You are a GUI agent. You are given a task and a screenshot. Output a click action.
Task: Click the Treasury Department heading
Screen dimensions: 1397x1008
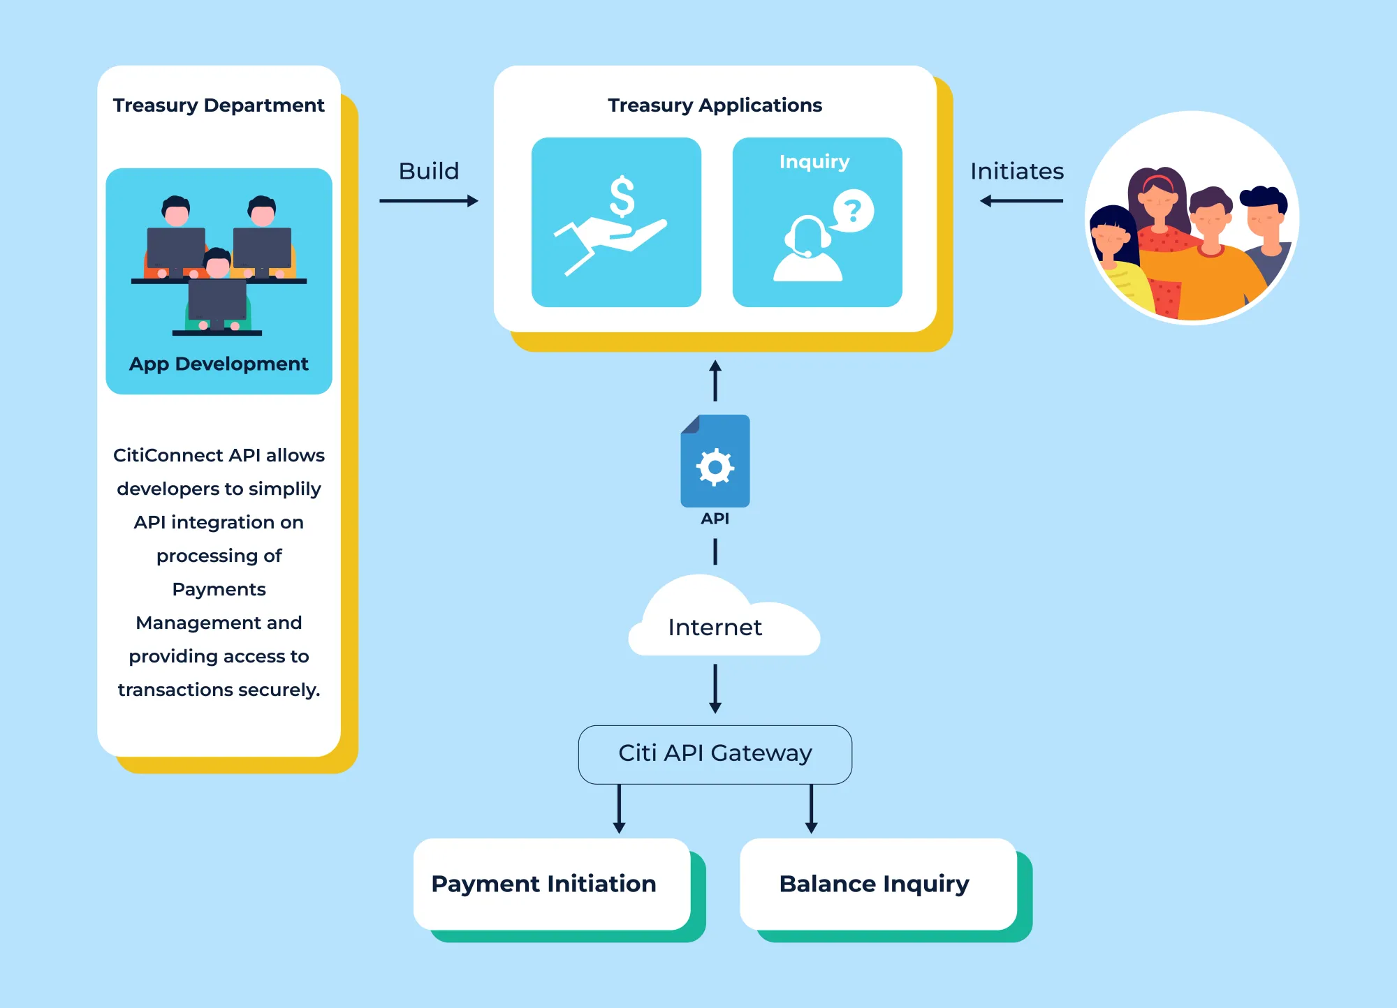pos(219,105)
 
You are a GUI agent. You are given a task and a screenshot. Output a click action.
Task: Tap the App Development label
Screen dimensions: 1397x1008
pos(219,364)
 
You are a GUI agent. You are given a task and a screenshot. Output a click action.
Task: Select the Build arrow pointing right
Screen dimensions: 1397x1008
pos(429,201)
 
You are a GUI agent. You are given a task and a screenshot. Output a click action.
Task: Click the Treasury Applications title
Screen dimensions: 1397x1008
pos(715,105)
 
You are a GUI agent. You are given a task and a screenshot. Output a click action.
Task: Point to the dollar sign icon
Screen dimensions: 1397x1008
pos(622,196)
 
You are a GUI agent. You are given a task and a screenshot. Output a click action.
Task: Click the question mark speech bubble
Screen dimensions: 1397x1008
pos(853,210)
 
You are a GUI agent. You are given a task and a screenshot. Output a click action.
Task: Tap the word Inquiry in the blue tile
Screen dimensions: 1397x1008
pos(814,162)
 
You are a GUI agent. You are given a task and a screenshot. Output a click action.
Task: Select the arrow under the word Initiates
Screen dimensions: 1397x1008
pos(1021,201)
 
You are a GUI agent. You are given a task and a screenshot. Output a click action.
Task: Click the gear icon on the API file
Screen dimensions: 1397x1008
pos(715,467)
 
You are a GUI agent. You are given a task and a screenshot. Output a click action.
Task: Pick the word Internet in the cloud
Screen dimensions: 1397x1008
pos(715,628)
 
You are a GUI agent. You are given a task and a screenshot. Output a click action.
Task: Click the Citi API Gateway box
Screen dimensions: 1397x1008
pos(715,755)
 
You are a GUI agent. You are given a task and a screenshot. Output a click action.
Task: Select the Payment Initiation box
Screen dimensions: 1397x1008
pos(552,884)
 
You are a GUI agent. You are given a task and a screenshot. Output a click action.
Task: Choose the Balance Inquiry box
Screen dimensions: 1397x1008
pos(878,884)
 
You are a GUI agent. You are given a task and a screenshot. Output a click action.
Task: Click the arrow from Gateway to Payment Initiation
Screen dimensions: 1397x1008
pos(619,809)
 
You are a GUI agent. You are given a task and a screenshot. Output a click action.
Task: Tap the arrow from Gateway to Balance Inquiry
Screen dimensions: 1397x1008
pos(811,809)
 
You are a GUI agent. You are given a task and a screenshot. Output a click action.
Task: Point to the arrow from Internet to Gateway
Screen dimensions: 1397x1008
pos(715,689)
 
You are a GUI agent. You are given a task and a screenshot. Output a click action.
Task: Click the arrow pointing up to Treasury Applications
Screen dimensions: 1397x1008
pos(715,380)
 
